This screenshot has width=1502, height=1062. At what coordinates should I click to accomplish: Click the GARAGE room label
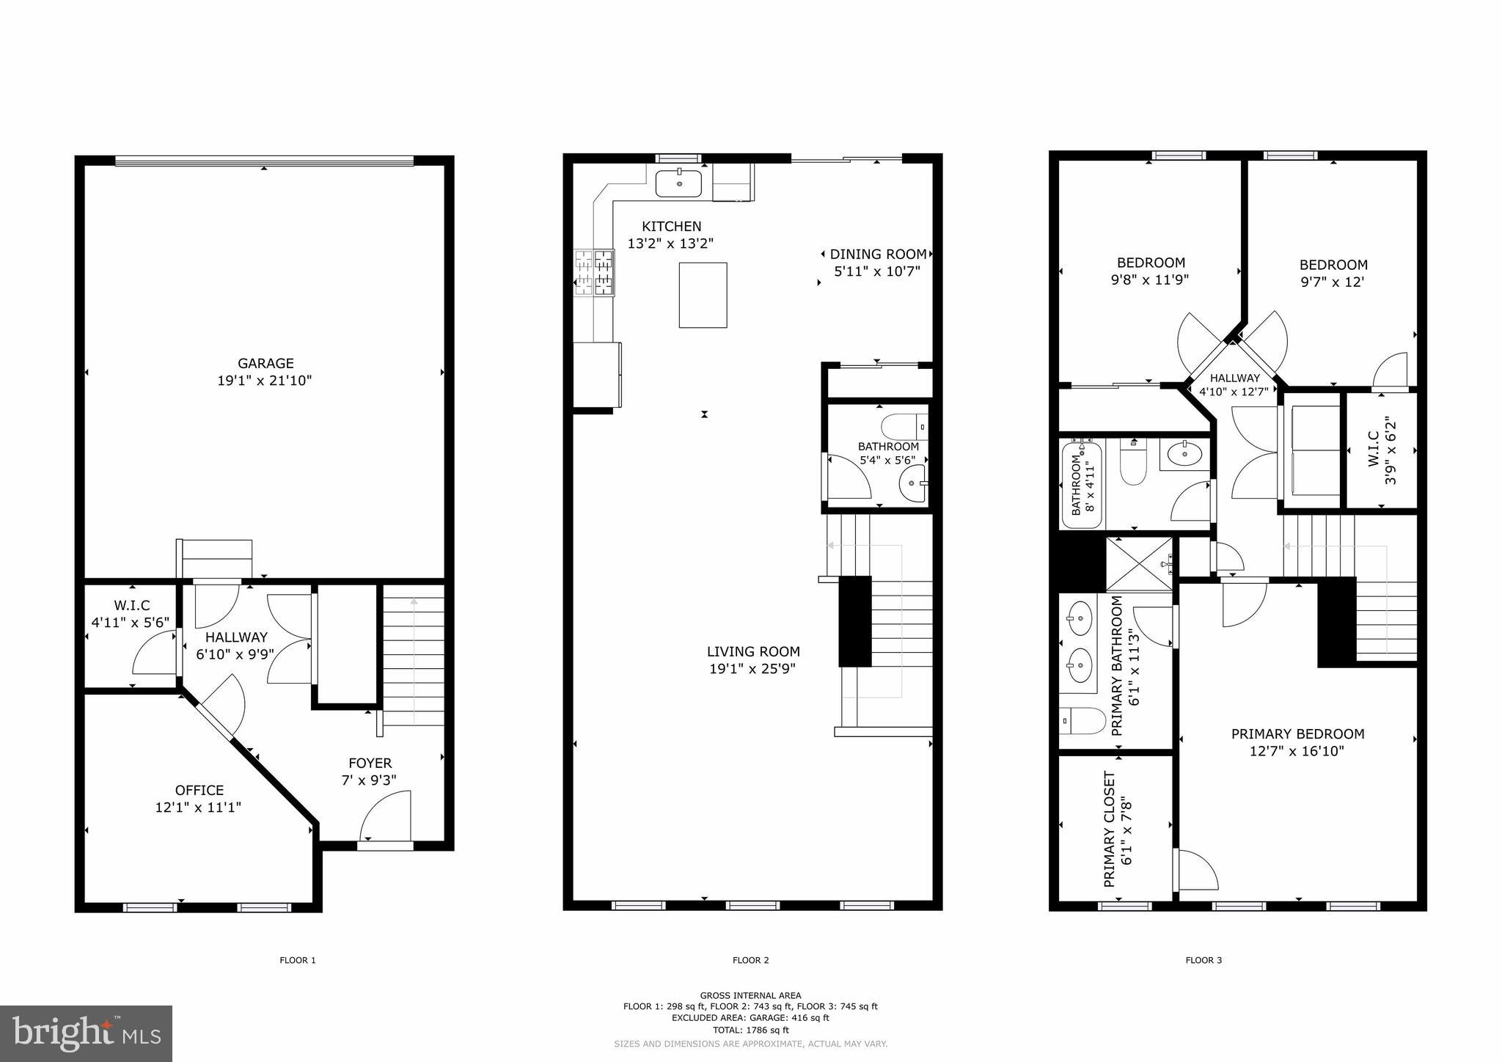(x=265, y=364)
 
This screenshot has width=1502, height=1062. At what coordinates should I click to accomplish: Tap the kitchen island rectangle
(x=703, y=295)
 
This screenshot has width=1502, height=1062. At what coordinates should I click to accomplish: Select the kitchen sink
(x=678, y=183)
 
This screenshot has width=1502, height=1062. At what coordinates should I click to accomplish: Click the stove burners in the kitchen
(x=594, y=272)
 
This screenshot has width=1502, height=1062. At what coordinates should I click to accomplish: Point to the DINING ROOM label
(x=877, y=254)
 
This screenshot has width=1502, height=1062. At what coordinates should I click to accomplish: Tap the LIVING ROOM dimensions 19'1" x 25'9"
(x=752, y=669)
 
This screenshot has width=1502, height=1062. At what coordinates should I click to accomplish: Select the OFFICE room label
(x=199, y=791)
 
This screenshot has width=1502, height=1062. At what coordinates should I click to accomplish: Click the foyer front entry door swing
(x=385, y=816)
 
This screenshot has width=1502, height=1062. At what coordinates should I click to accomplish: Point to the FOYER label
(x=370, y=763)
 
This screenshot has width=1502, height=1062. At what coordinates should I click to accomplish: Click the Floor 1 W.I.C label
(x=131, y=606)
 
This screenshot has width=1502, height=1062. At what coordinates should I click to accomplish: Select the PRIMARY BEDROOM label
(x=1297, y=734)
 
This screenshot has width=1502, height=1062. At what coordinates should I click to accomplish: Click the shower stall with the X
(x=1138, y=564)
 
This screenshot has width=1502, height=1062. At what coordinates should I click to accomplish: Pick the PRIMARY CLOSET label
(x=1110, y=829)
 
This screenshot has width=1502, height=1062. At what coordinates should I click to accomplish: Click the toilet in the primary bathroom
(x=1082, y=721)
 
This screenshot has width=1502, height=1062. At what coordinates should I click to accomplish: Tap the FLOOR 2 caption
(x=750, y=960)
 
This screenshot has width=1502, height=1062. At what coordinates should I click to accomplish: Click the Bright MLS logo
(x=86, y=1033)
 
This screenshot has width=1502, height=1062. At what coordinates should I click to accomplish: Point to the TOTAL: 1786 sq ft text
(x=750, y=1030)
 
